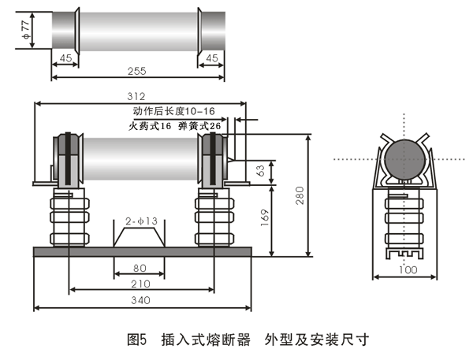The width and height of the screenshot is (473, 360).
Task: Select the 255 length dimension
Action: click(138, 71)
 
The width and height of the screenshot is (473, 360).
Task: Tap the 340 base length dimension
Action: click(142, 299)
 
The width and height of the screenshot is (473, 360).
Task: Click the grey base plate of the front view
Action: click(142, 251)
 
